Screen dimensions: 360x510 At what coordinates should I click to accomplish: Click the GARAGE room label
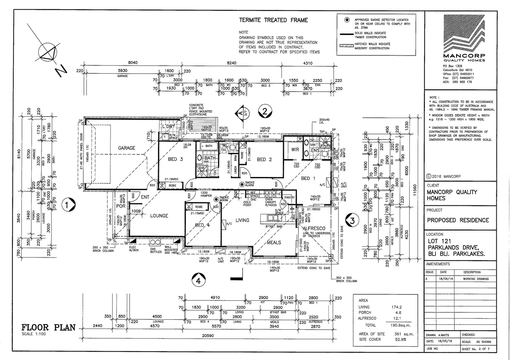point(127,148)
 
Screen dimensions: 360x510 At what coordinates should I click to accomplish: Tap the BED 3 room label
point(175,159)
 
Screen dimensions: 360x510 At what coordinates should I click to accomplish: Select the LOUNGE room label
point(159,216)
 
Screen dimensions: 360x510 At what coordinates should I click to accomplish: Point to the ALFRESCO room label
point(314,229)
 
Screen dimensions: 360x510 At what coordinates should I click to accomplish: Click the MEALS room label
point(274,242)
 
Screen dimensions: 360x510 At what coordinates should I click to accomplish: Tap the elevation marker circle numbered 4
point(199,281)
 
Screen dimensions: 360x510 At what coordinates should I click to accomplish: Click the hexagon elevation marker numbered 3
point(353,220)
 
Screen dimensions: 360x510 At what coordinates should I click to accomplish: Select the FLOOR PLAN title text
point(49,327)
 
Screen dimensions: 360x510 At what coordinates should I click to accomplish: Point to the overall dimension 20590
point(208,336)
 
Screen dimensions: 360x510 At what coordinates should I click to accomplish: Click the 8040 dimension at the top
point(133,63)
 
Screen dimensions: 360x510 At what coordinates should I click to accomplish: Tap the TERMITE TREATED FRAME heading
point(273,20)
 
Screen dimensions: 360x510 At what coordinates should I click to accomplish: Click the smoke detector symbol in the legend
point(347,20)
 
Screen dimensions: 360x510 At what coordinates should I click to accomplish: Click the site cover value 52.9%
point(400,339)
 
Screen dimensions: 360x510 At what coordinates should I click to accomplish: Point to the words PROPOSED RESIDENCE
point(458,220)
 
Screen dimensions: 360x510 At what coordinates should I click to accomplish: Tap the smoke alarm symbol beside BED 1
point(242,184)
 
